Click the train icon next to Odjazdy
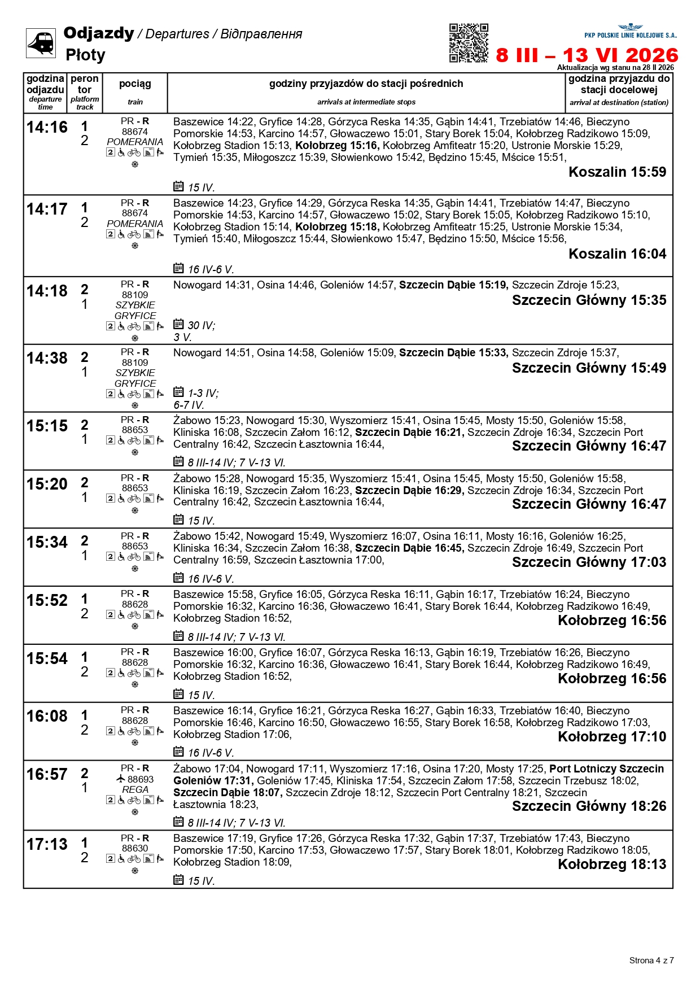tap(41, 43)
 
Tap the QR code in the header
tap(469, 43)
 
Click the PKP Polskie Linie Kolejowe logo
tap(630, 31)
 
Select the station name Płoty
tap(85, 55)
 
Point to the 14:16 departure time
tap(47, 128)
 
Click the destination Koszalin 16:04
tap(617, 254)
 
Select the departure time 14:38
tap(47, 359)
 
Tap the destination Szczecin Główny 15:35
tap(589, 300)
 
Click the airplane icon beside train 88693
tap(120, 779)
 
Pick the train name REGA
tap(135, 789)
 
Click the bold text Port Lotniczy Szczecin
tap(606, 769)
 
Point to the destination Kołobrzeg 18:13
tap(612, 865)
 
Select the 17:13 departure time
tap(47, 845)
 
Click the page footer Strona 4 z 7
tap(651, 960)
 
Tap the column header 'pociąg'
tap(135, 84)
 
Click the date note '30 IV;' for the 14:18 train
tap(201, 326)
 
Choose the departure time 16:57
tap(47, 775)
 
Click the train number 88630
tap(135, 848)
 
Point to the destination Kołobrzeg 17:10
tap(612, 737)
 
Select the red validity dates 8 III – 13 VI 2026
tap(587, 55)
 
